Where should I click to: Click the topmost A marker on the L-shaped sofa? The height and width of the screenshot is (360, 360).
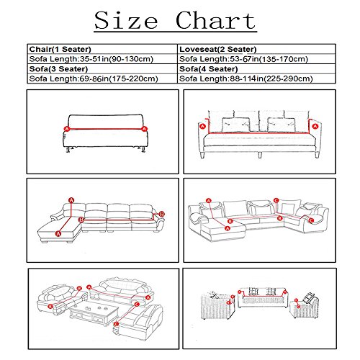point(71,198)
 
